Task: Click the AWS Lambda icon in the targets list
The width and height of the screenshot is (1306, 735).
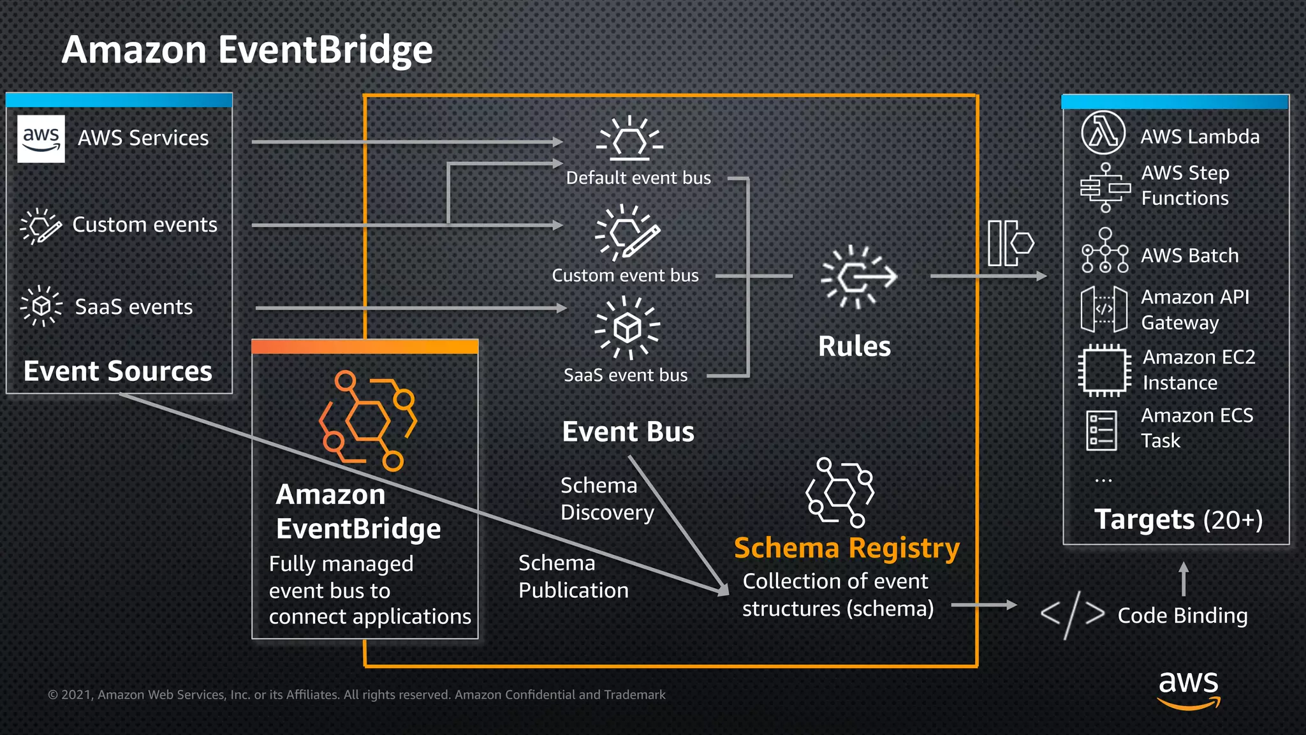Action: pyautogui.click(x=1103, y=133)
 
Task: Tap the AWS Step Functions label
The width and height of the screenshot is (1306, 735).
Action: pyautogui.click(x=1185, y=185)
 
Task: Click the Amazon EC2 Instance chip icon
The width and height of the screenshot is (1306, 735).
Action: pyautogui.click(x=1104, y=370)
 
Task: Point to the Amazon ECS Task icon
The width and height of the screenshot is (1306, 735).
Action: pyautogui.click(x=1101, y=430)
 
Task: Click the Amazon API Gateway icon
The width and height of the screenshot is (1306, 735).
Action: pyautogui.click(x=1104, y=309)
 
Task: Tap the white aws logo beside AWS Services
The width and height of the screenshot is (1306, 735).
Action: pyautogui.click(x=41, y=138)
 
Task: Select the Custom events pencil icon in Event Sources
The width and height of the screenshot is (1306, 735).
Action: pyautogui.click(x=40, y=226)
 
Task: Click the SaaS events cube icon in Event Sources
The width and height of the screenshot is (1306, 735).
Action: pyautogui.click(x=41, y=306)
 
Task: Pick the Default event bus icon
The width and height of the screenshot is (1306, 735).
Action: pyautogui.click(x=629, y=138)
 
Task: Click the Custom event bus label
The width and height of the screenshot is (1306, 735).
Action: pyautogui.click(x=625, y=275)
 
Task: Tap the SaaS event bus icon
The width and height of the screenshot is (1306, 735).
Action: pyautogui.click(x=627, y=327)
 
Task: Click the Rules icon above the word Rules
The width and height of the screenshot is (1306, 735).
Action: pyautogui.click(x=859, y=277)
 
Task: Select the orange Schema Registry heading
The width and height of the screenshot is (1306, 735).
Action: pyautogui.click(x=846, y=548)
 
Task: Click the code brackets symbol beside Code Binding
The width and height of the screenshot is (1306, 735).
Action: pyautogui.click(x=1072, y=614)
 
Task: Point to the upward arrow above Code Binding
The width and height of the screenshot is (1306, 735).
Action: pyautogui.click(x=1184, y=578)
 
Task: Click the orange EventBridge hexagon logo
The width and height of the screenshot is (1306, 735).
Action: pyautogui.click(x=367, y=420)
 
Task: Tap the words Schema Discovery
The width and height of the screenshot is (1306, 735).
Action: pyautogui.click(x=606, y=499)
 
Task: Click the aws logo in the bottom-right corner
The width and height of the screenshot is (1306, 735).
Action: pyautogui.click(x=1188, y=689)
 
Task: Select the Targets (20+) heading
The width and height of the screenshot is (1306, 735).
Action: pyautogui.click(x=1178, y=519)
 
